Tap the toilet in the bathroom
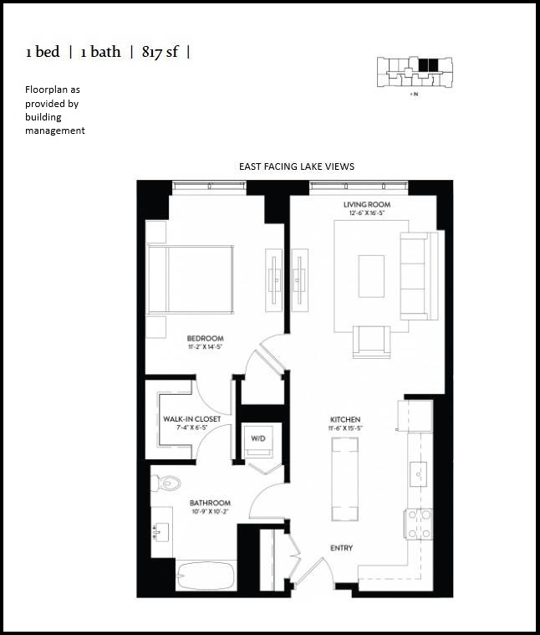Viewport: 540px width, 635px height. (170, 482)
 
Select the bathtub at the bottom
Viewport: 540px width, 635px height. (206, 576)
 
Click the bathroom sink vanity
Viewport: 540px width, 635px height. (161, 530)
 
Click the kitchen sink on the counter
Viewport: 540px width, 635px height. (418, 472)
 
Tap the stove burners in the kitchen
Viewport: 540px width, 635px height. (418, 524)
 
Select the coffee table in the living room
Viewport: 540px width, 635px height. (371, 275)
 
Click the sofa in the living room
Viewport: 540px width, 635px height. (418, 275)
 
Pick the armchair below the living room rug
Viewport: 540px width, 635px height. (370, 340)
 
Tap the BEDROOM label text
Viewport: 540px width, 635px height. (205, 339)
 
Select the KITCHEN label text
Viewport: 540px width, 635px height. (344, 418)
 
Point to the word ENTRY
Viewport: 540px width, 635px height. (341, 548)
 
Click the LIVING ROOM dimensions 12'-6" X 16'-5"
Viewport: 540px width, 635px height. (367, 213)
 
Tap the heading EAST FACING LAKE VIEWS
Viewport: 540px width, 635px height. (296, 166)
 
